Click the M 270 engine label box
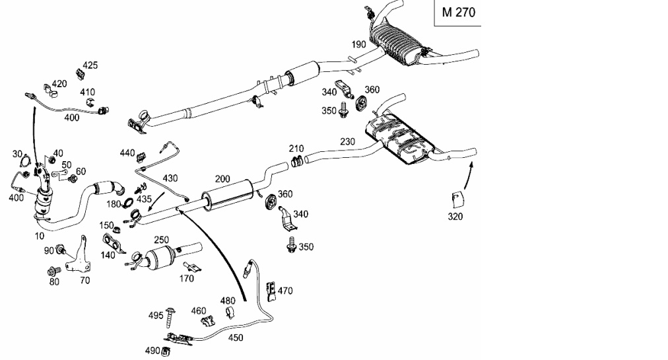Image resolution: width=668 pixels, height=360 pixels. click(x=457, y=13)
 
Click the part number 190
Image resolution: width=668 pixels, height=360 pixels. click(x=358, y=44)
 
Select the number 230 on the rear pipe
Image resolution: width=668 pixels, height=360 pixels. click(x=348, y=141)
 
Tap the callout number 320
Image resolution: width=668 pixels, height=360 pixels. click(x=455, y=217)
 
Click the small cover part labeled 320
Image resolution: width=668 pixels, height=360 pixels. click(x=456, y=199)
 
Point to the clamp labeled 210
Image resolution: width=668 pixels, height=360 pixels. click(x=297, y=162)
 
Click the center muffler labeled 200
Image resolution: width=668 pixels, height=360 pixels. click(x=227, y=195)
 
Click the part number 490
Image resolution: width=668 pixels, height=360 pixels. click(x=152, y=351)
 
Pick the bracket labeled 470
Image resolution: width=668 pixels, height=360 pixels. click(x=271, y=291)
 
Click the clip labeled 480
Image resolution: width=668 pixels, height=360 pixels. click(x=230, y=312)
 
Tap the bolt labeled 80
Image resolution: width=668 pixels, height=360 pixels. click(x=54, y=270)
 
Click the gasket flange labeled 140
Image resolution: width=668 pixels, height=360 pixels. click(x=114, y=242)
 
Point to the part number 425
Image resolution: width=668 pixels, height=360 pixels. click(x=90, y=65)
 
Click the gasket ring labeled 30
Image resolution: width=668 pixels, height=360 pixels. click(x=26, y=162)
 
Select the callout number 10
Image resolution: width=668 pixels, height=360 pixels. click(x=39, y=236)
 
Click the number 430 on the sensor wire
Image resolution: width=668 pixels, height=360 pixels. click(x=170, y=178)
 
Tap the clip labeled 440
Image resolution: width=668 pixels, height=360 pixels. click(x=141, y=157)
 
